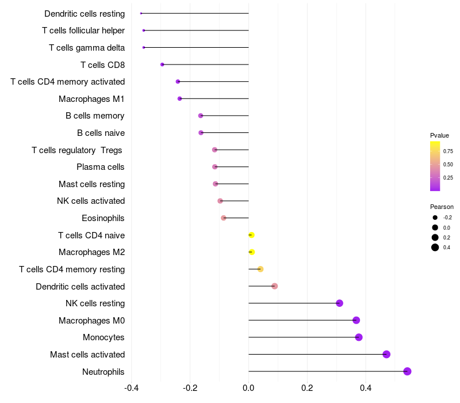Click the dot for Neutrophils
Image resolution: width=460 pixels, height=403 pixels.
tap(407, 371)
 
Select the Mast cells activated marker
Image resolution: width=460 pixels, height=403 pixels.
tap(386, 354)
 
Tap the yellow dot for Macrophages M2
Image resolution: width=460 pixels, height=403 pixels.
tap(252, 252)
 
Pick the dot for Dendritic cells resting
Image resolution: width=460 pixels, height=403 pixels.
tap(141, 13)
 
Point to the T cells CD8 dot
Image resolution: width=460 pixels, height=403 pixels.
tap(162, 64)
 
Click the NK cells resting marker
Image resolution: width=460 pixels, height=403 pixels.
tap(339, 303)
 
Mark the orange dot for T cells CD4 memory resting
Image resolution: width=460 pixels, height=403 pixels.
tap(260, 269)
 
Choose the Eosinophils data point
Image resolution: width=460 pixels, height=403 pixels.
tap(224, 218)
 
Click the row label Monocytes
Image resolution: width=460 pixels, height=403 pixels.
tap(103, 337)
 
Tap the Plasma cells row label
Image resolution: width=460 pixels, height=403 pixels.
tap(100, 167)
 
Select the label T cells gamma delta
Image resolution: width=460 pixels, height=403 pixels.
tap(87, 48)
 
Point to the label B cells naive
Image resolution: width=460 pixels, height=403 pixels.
tap(101, 133)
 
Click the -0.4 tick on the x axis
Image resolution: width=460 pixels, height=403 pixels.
tap(131, 388)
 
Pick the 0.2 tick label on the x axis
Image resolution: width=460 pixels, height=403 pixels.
tap(307, 388)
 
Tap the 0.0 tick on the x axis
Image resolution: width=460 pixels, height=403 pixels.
tap(248, 388)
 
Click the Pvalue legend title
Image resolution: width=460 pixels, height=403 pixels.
tap(439, 135)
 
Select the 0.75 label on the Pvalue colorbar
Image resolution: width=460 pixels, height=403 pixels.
tap(448, 151)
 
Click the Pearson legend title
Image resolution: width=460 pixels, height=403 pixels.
tap(442, 207)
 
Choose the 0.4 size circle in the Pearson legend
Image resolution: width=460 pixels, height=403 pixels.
tap(435, 248)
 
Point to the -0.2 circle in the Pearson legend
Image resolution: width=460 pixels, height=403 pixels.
tap(435, 218)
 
